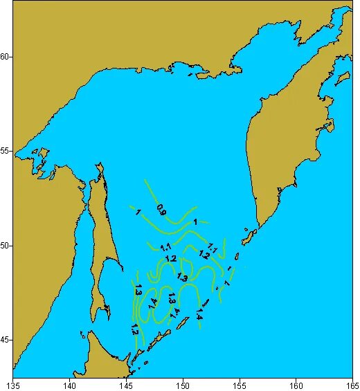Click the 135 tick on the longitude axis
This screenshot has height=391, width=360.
(x=13, y=384)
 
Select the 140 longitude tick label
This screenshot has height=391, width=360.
(x=70, y=384)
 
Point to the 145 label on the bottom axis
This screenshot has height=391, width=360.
(x=126, y=384)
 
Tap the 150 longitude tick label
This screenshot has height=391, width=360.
(x=183, y=384)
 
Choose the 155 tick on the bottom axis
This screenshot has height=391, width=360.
(x=240, y=384)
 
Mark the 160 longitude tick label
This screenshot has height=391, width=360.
(x=296, y=384)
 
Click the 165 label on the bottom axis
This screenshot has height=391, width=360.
(x=351, y=384)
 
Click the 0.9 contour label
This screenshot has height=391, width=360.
(x=161, y=209)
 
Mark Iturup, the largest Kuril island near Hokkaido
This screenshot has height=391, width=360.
(x=163, y=337)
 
